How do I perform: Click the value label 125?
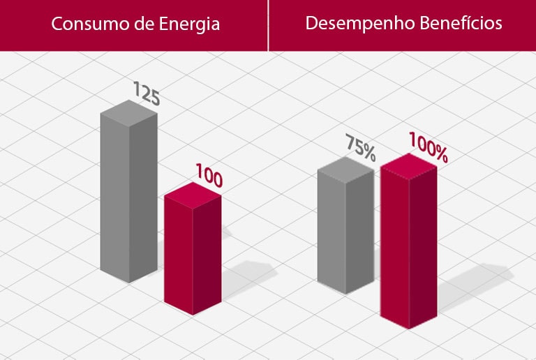[146, 93]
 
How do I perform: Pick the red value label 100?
[209, 176]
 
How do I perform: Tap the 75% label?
[361, 147]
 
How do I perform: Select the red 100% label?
[428, 147]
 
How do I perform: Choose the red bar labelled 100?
[193, 251]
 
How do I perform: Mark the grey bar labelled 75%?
[345, 234]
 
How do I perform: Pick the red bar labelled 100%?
[408, 244]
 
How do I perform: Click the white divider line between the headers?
[268, 25]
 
